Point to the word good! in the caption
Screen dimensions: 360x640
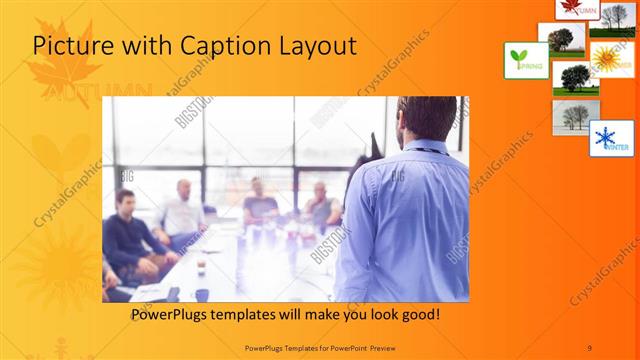417,314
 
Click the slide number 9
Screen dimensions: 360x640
590,346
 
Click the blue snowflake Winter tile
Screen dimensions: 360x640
611,138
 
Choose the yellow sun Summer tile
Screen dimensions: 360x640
611,58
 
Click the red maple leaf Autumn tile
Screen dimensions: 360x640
578,9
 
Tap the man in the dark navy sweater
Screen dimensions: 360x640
125,235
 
